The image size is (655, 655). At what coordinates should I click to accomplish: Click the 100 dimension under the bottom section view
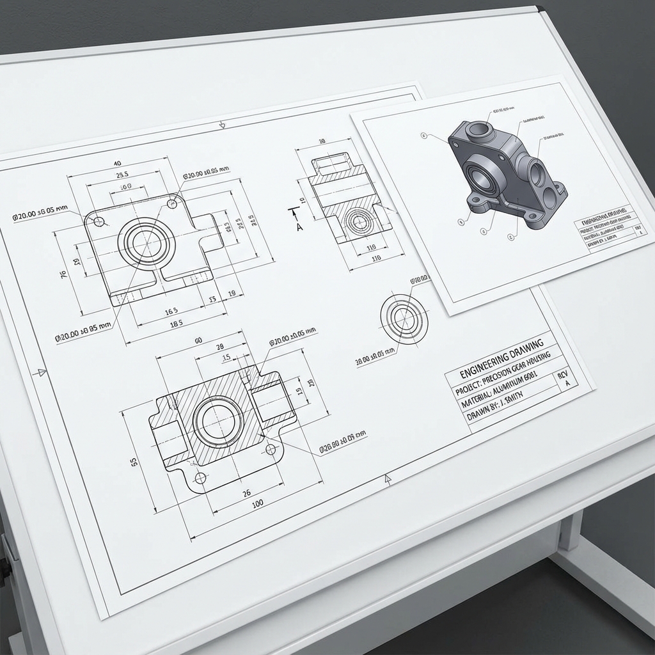(258, 504)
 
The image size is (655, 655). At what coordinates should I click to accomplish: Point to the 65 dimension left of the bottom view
(134, 461)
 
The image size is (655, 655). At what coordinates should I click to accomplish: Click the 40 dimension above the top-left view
(117, 163)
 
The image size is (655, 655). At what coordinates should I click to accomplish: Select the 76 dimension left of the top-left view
(63, 274)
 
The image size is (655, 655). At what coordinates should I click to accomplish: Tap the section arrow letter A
(298, 226)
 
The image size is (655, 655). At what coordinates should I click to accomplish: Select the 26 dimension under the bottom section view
(247, 493)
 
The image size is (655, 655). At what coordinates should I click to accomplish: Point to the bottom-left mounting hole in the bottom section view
(201, 477)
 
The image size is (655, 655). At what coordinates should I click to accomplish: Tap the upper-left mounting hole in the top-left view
(98, 221)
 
